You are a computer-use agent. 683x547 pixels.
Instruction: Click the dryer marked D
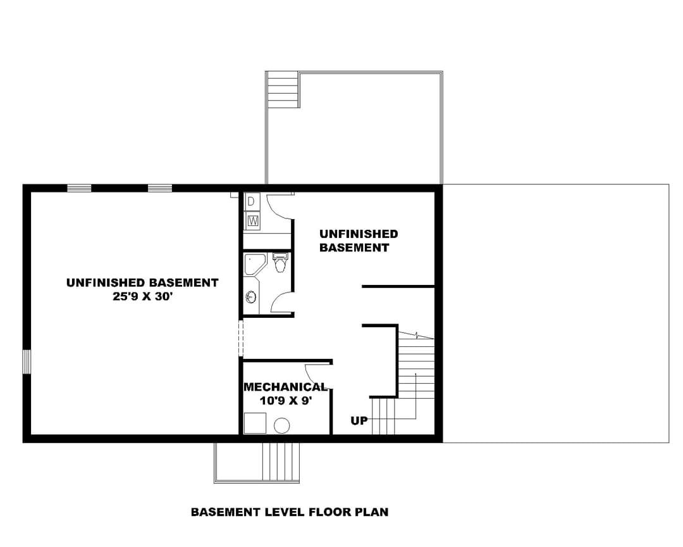251,201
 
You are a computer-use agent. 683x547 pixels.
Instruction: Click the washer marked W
252,221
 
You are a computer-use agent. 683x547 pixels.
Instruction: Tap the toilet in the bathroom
280,263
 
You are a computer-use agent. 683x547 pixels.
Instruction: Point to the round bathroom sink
250,298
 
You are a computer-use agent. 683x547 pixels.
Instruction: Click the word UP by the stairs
359,421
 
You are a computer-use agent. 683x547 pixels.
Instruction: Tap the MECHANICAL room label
285,387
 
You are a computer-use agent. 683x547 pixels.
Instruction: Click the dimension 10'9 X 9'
286,400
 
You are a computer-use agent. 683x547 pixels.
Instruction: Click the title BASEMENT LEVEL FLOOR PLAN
290,512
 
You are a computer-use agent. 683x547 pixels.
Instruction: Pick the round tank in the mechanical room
282,425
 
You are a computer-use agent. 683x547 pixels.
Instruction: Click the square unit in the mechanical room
255,423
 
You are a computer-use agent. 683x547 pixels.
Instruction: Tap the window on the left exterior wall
27,362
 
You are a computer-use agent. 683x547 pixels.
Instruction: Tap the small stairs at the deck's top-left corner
282,90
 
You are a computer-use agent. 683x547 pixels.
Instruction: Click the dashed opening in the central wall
240,339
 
